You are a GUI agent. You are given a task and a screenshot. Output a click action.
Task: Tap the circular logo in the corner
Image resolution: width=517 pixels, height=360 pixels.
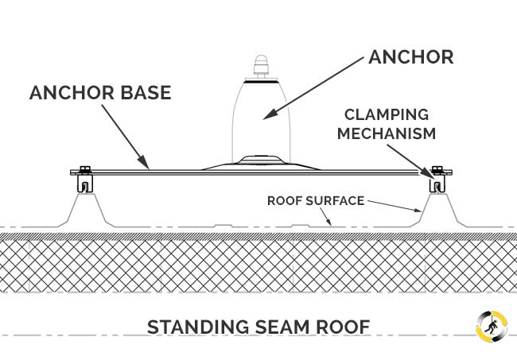pyautogui.click(x=490, y=326)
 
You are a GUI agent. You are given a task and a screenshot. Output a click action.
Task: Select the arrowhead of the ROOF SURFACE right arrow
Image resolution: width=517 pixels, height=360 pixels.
pyautogui.click(x=421, y=211)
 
